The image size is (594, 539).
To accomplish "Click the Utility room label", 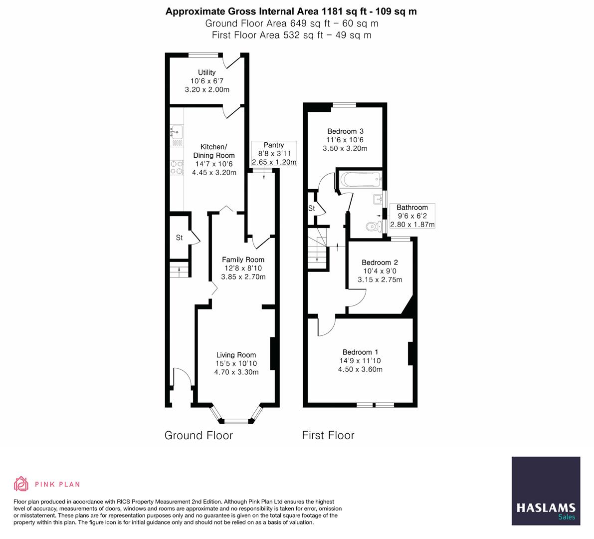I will pos(207,72).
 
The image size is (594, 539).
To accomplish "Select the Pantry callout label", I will pos(274,145).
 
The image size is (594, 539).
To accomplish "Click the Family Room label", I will pos(243,260).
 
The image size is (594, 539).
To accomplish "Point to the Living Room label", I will pos(236,355).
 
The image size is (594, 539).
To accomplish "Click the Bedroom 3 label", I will pos(345,131).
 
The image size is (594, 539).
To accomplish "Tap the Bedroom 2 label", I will pos(380,263).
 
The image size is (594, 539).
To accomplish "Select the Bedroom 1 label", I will pos(360,352).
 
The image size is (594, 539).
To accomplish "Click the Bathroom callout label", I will pos(412,208).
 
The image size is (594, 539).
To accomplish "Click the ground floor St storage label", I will pos(179,238).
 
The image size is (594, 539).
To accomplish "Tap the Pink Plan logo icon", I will pos(21,484).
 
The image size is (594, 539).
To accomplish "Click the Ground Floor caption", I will pos(198,435).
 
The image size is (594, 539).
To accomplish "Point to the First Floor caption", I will pos(328,435).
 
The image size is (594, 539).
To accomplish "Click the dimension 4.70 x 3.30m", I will pos(236,372).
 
